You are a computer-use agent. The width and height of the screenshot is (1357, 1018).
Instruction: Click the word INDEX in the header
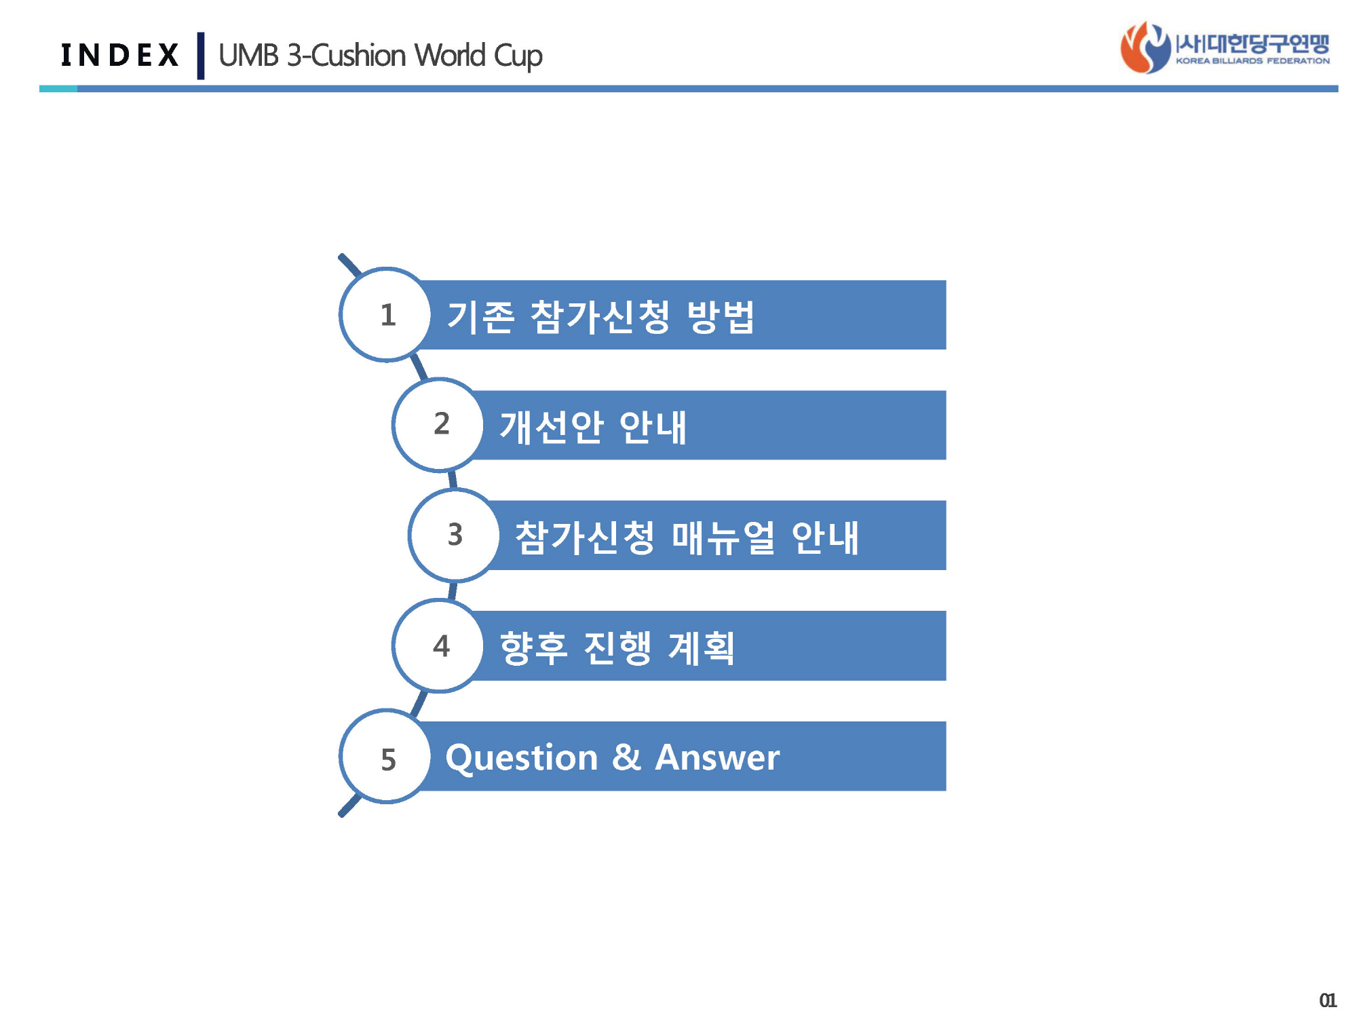119,55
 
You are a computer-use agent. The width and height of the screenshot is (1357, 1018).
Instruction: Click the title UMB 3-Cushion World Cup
381,56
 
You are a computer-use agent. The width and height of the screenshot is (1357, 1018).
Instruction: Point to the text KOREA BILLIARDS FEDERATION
1253,61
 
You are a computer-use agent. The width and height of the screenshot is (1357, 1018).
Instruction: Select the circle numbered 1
385,314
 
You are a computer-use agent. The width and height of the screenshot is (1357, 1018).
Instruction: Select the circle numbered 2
438,425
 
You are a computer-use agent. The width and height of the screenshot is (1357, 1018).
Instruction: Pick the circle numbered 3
455,535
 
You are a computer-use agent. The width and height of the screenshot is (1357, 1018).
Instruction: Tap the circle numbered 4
438,645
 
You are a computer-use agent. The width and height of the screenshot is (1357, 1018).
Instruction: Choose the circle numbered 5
385,756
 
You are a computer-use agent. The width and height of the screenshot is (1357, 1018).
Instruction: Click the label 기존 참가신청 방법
600,316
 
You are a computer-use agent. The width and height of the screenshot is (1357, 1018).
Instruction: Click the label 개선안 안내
593,427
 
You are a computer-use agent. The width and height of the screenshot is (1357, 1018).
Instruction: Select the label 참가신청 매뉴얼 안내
687,538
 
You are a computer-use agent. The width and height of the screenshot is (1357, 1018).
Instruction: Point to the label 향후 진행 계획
617,647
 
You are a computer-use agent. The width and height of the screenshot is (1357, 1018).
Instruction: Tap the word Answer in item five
717,757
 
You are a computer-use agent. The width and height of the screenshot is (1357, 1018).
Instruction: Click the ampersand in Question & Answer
626,757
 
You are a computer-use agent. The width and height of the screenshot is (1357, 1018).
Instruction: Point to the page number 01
1328,1000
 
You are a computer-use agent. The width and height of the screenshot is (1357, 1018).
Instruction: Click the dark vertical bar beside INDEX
201,56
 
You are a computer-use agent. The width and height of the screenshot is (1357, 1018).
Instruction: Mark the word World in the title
450,55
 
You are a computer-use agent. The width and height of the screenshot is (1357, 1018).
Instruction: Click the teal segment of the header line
58,89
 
